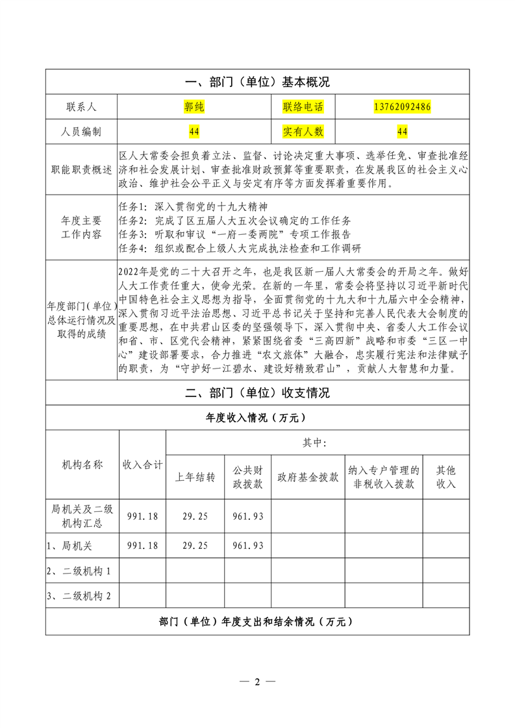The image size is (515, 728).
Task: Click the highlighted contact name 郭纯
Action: point(194,106)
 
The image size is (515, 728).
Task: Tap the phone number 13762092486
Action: point(403,106)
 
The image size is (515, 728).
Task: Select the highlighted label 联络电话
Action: point(303,106)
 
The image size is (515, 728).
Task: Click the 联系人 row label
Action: point(81,106)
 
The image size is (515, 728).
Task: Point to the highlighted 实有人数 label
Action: point(303,132)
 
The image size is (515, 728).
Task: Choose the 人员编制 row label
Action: point(81,132)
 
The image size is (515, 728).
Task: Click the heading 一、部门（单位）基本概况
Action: point(258,82)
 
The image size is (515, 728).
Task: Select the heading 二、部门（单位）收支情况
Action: point(258,393)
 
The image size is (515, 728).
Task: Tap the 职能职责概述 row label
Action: point(81,169)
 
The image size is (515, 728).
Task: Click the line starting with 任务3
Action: point(236,234)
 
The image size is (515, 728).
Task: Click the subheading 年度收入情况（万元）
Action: point(258,418)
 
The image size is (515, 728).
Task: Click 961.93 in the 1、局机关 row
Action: point(248,546)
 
